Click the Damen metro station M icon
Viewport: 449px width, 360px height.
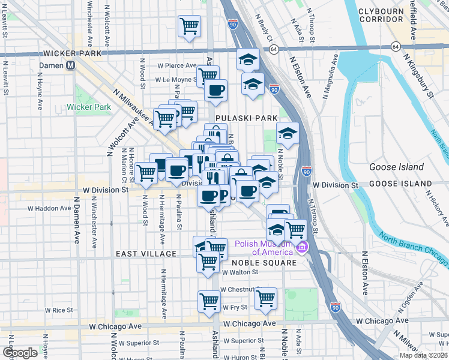click(x=71, y=65)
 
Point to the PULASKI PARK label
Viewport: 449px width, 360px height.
click(x=238, y=119)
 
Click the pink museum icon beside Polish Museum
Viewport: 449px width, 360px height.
click(x=303, y=247)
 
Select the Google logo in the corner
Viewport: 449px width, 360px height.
click(x=20, y=352)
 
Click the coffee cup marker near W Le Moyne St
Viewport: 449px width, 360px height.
click(x=215, y=91)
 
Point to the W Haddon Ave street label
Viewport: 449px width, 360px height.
click(x=49, y=208)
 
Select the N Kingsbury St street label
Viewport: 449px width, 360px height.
click(x=419, y=75)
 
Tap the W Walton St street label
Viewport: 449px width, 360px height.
click(x=240, y=272)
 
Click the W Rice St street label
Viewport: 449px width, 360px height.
click(x=59, y=310)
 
